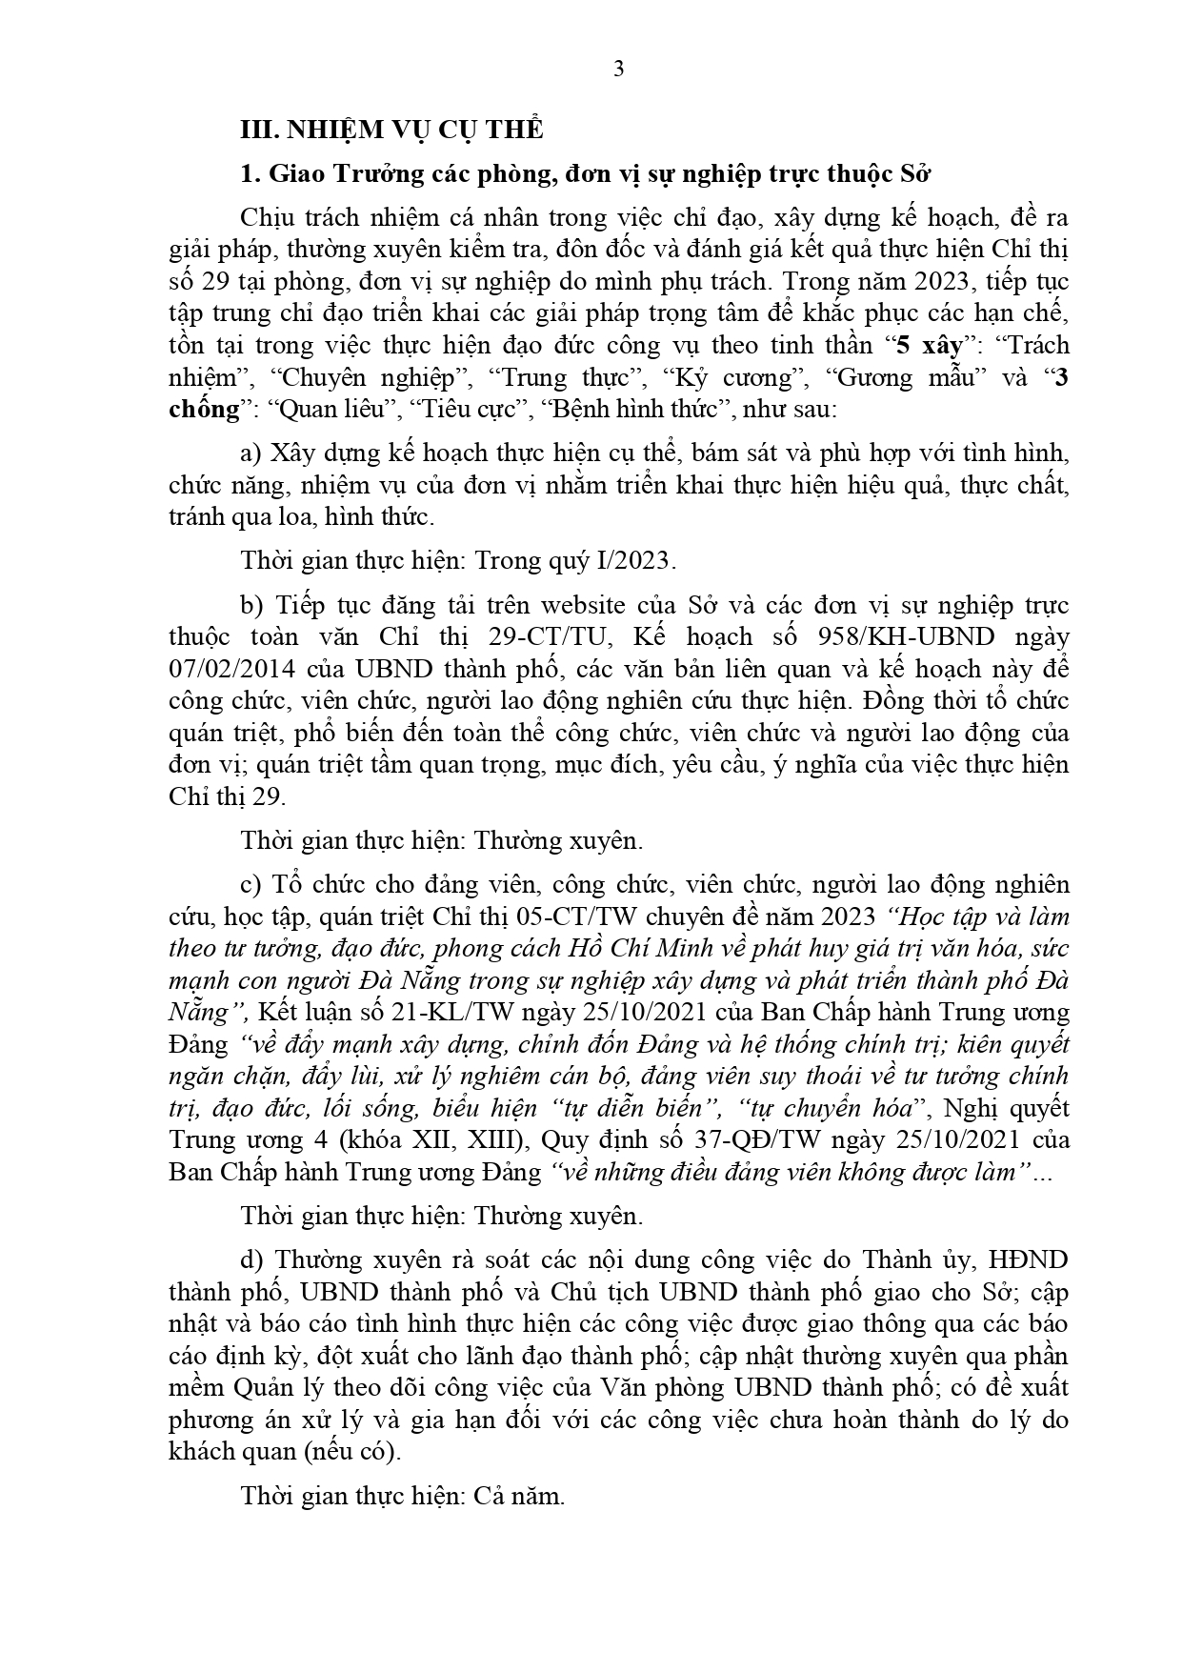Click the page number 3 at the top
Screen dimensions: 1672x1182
(618, 70)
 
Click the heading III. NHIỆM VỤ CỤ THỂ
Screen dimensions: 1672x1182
(392, 130)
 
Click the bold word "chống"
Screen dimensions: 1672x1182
(204, 410)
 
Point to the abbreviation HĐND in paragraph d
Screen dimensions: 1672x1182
(1029, 1260)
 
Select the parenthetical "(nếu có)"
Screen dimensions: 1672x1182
(352, 1452)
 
